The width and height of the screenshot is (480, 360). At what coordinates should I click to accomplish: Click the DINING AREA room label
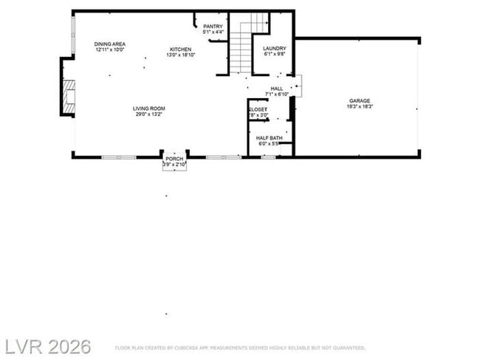point(110,45)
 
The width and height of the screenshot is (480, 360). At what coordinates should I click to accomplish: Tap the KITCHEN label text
point(180,49)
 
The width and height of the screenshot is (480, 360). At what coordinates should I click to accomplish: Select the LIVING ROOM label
point(148,108)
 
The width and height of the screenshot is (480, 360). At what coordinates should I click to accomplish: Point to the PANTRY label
point(213,27)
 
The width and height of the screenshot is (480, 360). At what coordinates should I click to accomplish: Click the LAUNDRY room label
point(275,49)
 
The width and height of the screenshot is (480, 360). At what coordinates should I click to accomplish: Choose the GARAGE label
point(360,101)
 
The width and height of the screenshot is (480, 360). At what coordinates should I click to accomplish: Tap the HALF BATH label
point(270,138)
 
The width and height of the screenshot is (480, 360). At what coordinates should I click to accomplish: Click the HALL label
point(277,89)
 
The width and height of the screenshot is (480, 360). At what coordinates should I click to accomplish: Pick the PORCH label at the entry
point(174,159)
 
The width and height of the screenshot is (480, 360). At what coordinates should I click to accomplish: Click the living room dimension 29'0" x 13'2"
point(148,114)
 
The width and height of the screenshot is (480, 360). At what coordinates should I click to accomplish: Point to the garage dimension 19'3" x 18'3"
point(360,107)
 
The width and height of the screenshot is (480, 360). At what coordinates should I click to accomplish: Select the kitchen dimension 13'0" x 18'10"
point(180,55)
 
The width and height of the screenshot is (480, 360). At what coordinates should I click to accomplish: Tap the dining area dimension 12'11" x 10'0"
point(110,51)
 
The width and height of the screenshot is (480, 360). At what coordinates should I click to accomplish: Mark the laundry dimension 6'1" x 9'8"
point(275,55)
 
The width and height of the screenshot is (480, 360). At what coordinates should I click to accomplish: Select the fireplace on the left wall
point(69,97)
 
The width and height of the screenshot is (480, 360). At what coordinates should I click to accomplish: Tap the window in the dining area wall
point(72,34)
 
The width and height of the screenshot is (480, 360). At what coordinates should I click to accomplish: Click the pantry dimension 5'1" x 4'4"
point(213,32)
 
